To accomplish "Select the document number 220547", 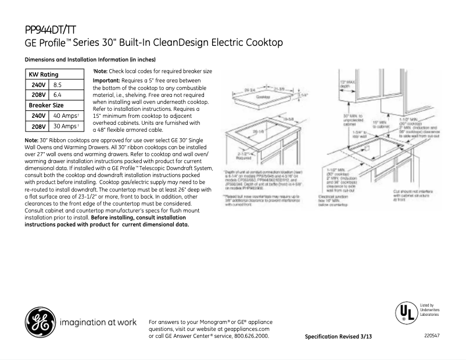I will click(432, 336).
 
